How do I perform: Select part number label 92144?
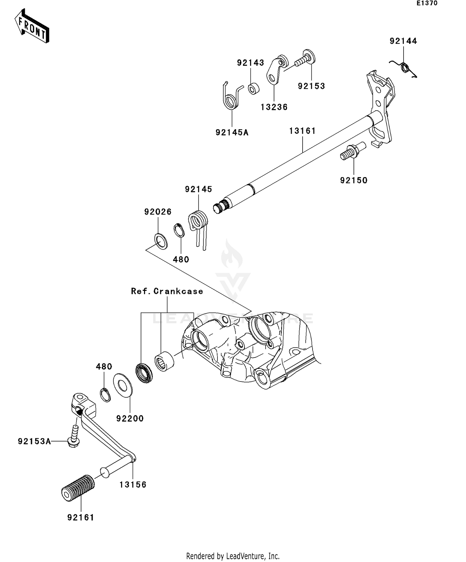click(x=403, y=41)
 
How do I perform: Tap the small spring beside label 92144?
click(x=404, y=67)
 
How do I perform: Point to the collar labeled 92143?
click(x=254, y=88)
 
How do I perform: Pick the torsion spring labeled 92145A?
click(x=231, y=98)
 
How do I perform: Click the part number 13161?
click(x=302, y=131)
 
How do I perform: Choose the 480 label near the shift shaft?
click(x=181, y=259)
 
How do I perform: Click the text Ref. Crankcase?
click(x=167, y=291)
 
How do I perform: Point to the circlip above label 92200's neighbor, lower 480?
click(x=105, y=395)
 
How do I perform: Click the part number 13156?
click(x=133, y=484)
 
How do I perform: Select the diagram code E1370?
click(x=427, y=3)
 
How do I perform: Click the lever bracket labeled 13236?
click(x=275, y=71)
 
